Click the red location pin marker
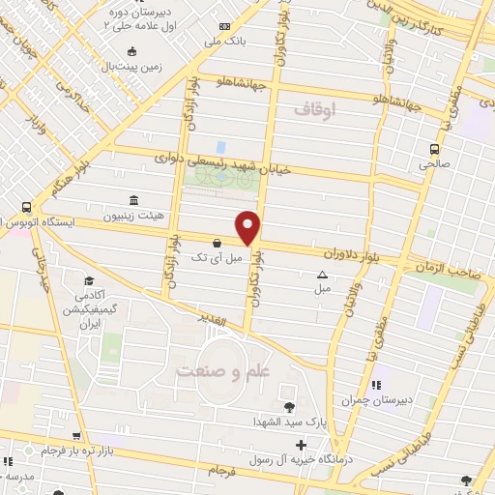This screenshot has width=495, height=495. click(248, 226)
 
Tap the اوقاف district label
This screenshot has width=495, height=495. click(318, 112)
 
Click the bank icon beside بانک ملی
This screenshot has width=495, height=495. click(225, 27)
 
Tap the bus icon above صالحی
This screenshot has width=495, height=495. click(434, 149)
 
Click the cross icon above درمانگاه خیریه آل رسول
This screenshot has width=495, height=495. click(303, 447)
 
